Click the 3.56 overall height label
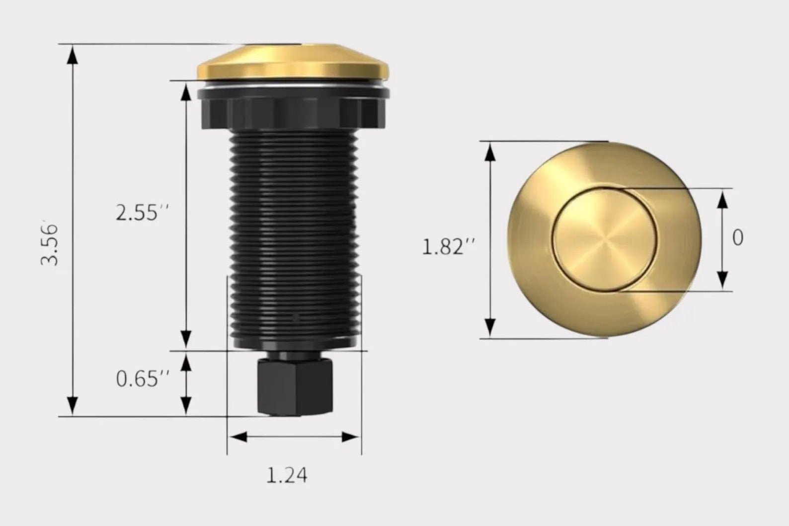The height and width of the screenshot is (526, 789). (50, 244)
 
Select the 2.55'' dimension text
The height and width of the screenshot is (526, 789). (143, 213)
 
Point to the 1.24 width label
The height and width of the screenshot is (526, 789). (287, 475)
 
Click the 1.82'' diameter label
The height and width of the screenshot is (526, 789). (449, 246)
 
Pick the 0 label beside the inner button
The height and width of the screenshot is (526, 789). (738, 238)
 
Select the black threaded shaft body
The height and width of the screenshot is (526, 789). (294, 233)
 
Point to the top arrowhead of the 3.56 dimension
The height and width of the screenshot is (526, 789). (73, 55)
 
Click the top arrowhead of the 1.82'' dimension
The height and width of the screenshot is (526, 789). (490, 151)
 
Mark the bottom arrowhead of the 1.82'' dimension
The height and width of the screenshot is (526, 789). (490, 328)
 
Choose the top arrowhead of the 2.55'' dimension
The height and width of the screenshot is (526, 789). (186, 92)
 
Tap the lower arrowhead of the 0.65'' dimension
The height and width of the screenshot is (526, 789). (186, 405)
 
